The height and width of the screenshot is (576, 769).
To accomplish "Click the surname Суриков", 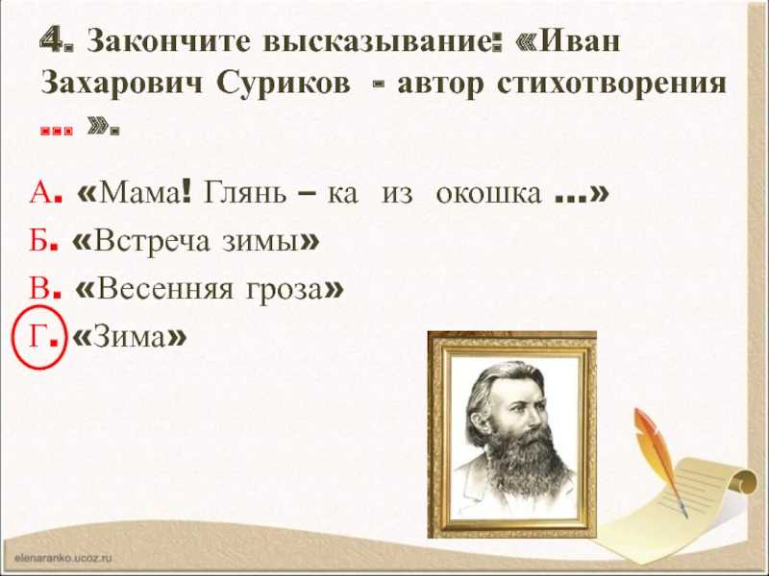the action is (x=284, y=84).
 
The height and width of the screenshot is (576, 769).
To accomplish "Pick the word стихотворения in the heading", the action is (x=611, y=84).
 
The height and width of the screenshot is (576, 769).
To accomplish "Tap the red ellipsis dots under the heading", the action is (x=57, y=131).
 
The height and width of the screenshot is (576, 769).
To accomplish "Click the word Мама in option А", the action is (x=138, y=193).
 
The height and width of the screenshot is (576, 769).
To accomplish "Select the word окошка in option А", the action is (x=488, y=194).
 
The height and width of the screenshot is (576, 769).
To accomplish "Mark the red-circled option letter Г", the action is (x=37, y=336).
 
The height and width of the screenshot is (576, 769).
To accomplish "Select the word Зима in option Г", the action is (x=130, y=337).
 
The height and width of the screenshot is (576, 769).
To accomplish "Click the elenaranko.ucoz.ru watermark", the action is (x=63, y=558).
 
